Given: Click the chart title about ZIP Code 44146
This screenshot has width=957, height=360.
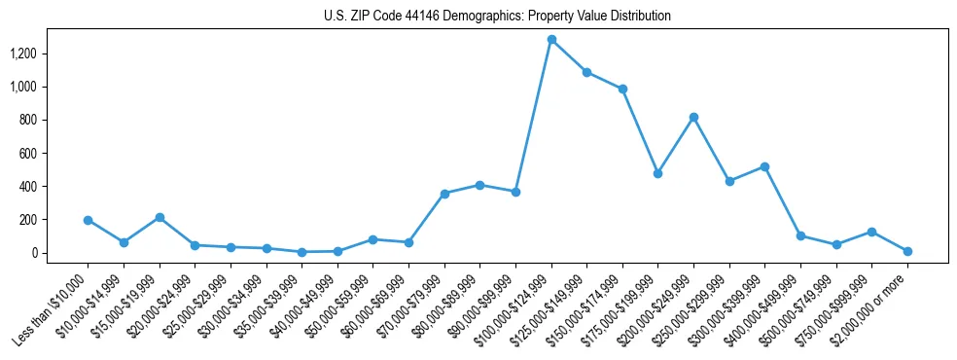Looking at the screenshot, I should click(497, 17).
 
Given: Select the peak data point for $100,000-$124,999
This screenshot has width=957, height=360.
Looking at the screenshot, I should click(551, 40).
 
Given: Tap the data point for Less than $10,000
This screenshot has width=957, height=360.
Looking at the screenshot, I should click(88, 220).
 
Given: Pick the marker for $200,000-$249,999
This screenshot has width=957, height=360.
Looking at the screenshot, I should click(693, 117).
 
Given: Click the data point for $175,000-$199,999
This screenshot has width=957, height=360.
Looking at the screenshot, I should click(658, 173).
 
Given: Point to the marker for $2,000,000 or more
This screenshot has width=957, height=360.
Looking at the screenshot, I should click(907, 251).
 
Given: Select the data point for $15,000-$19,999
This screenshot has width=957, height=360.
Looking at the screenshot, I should click(159, 217).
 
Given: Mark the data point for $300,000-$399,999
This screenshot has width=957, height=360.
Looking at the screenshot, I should click(765, 166).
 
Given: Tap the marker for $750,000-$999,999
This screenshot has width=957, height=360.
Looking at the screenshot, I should click(872, 232).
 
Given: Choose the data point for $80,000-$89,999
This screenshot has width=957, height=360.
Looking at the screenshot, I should click(479, 185).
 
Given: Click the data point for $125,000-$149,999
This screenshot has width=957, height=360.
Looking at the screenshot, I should click(586, 72).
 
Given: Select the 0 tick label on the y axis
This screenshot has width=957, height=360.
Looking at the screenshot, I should click(34, 253).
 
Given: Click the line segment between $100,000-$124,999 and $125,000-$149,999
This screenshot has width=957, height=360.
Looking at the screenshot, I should click(569, 56).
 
